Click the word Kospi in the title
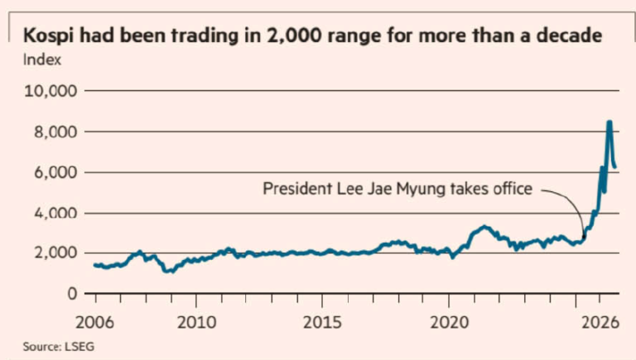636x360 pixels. pos(49,36)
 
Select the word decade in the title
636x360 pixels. pos(569,36)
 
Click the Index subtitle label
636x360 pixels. pos(41,60)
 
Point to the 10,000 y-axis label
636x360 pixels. pos(51,91)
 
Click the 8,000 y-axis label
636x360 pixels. pos(55,132)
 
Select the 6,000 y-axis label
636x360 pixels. pos(55,172)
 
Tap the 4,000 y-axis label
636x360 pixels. pos(55,213)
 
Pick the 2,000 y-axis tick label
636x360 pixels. pos(55,253)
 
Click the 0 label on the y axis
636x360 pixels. pos(72,293)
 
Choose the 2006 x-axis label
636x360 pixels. pos(95,322)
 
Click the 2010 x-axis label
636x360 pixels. pos(197,322)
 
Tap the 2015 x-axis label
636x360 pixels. pos(322,322)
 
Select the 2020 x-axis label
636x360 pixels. pos(449,322)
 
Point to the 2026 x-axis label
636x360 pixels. pos(600,322)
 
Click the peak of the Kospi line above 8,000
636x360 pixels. pos(609,122)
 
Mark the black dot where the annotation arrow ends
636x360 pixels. pos(584,236)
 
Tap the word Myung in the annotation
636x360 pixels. pos(421,190)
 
